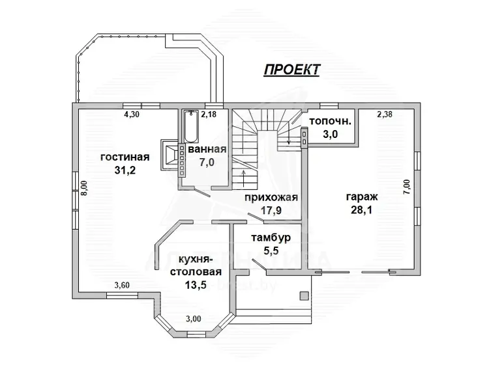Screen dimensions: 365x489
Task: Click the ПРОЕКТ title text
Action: coord(291,70)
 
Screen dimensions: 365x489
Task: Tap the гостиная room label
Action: coord(125,157)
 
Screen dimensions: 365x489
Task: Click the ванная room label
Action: coord(207,150)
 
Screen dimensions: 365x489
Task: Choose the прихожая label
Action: coord(271,197)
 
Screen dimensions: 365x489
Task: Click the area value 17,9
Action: coord(271,210)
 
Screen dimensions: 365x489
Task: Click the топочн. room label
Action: coord(331,121)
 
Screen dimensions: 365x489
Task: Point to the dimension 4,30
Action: coord(131,114)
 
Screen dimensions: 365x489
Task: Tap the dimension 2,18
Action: coord(208,115)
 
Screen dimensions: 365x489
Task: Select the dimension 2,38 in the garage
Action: coord(385,115)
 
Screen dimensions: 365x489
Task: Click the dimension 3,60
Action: coord(122,284)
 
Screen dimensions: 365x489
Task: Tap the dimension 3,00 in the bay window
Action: coord(194,318)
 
